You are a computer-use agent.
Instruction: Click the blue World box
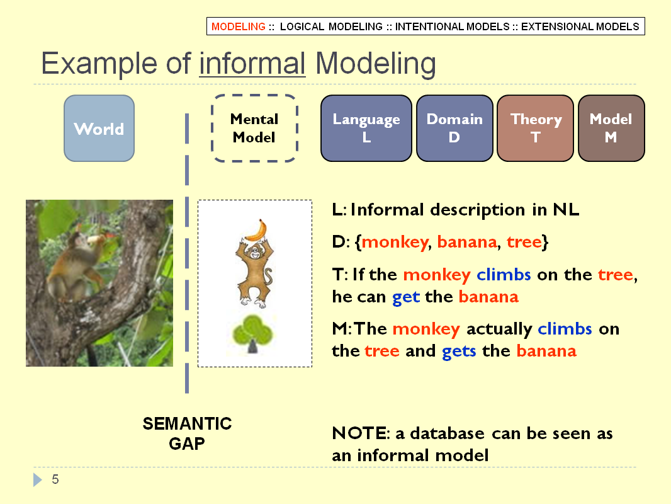point(99,128)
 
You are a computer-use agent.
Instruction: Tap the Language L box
point(366,128)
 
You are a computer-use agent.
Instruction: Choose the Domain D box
point(454,128)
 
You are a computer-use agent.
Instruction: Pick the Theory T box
point(535,128)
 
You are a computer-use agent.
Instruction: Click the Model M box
point(611,128)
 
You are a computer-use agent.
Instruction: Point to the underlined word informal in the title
point(252,64)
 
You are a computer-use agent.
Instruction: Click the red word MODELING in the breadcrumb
point(239,26)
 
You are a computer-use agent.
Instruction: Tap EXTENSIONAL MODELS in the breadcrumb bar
point(580,26)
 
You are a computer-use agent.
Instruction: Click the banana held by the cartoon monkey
point(257,231)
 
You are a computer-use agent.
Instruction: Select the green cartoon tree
point(252,335)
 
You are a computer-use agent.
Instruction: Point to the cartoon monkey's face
point(255,251)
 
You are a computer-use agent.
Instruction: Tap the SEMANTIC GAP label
point(187,433)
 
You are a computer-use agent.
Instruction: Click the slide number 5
point(55,479)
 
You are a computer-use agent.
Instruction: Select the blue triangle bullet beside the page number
point(38,479)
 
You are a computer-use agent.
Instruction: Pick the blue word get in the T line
point(405,297)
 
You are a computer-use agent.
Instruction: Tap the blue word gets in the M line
point(459,352)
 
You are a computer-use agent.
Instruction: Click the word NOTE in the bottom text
point(359,433)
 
